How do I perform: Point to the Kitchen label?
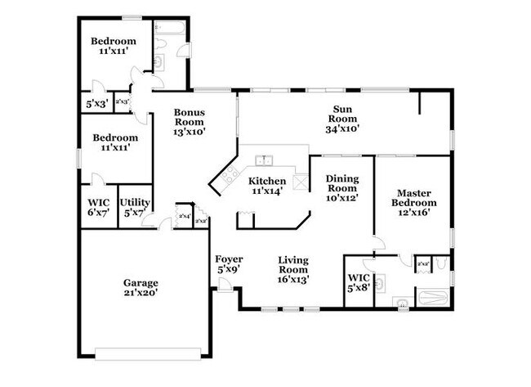coord(267,181)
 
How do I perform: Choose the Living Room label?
coord(292,264)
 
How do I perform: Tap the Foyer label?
coord(228,259)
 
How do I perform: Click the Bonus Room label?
coord(188,118)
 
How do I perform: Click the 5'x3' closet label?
coord(97,104)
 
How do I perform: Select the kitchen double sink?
coord(263,160)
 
